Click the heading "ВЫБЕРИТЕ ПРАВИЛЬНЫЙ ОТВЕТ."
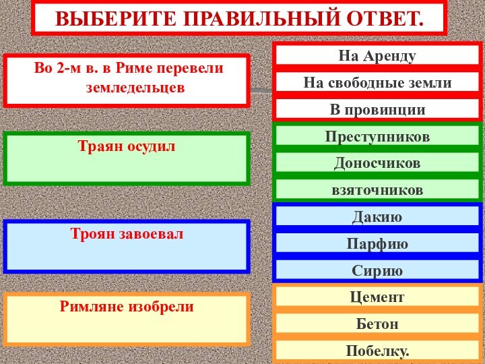239,18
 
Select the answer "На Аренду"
377,56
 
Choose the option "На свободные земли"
377,83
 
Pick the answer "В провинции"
377,109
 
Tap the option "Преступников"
377,136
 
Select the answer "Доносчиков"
377,163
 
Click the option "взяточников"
377,190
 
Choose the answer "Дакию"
377,217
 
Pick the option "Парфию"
377,243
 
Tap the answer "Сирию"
377,270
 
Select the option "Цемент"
377,297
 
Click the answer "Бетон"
377,324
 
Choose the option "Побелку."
377,351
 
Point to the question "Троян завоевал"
126,234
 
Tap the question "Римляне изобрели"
126,307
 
